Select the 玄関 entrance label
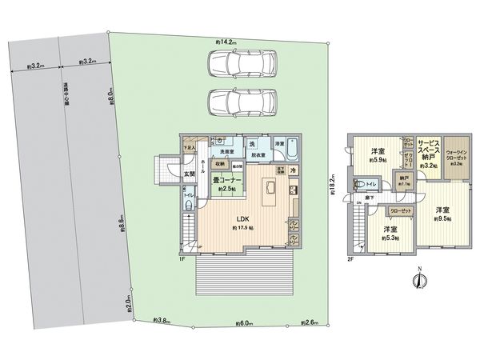[x=189, y=174]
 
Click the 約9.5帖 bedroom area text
[x=442, y=218]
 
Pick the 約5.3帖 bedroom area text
[x=390, y=237]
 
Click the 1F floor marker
[x=182, y=258]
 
